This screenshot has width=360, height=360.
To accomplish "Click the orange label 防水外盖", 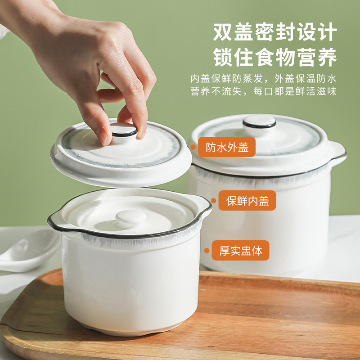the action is click(x=227, y=147).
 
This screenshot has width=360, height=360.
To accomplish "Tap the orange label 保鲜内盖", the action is click(x=247, y=200).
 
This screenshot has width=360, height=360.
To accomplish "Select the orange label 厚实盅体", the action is click(x=240, y=251).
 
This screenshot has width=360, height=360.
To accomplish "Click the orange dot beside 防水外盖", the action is click(x=193, y=147).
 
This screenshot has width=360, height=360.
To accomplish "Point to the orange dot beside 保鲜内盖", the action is click(x=213, y=201).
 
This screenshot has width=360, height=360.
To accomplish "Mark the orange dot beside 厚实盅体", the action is click(x=207, y=251).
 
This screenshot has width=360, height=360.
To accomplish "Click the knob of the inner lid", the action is click(x=130, y=218).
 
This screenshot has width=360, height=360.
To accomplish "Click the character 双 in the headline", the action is click(x=222, y=31).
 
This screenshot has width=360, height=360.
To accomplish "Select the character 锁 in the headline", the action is click(x=222, y=57).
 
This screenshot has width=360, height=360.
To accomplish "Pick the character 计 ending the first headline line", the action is click(x=327, y=31).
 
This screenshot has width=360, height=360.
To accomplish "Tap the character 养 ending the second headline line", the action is click(x=327, y=57).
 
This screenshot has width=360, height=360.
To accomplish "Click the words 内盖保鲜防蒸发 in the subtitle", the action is click(x=227, y=79).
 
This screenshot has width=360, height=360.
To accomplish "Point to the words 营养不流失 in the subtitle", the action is click(x=216, y=91).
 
